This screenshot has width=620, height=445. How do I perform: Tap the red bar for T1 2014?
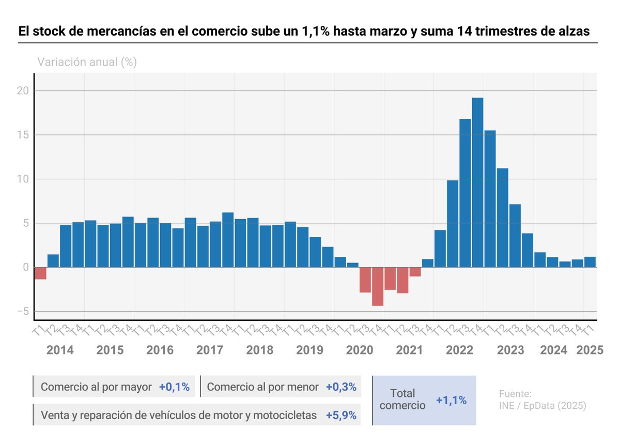point(41,273)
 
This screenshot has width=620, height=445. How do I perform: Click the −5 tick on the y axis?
point(21,312)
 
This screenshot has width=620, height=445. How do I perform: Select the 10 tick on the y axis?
point(21,179)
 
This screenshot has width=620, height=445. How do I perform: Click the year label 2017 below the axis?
point(210,350)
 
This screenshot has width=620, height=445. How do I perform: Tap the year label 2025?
point(590,350)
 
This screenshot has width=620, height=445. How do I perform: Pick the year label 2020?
point(360,350)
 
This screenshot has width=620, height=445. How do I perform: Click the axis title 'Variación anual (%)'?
point(87,63)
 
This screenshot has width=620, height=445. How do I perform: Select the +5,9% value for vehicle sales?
point(341,415)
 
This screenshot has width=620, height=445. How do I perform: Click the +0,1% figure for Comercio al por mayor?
point(174,387)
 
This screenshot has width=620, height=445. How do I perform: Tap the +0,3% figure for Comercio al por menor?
point(341,387)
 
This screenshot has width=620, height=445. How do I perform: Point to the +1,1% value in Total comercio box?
point(451,400)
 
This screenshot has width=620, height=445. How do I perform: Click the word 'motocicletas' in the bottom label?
point(285,415)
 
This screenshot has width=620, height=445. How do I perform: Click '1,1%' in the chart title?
point(314,31)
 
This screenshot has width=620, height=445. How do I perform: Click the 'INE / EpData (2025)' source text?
point(542,406)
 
